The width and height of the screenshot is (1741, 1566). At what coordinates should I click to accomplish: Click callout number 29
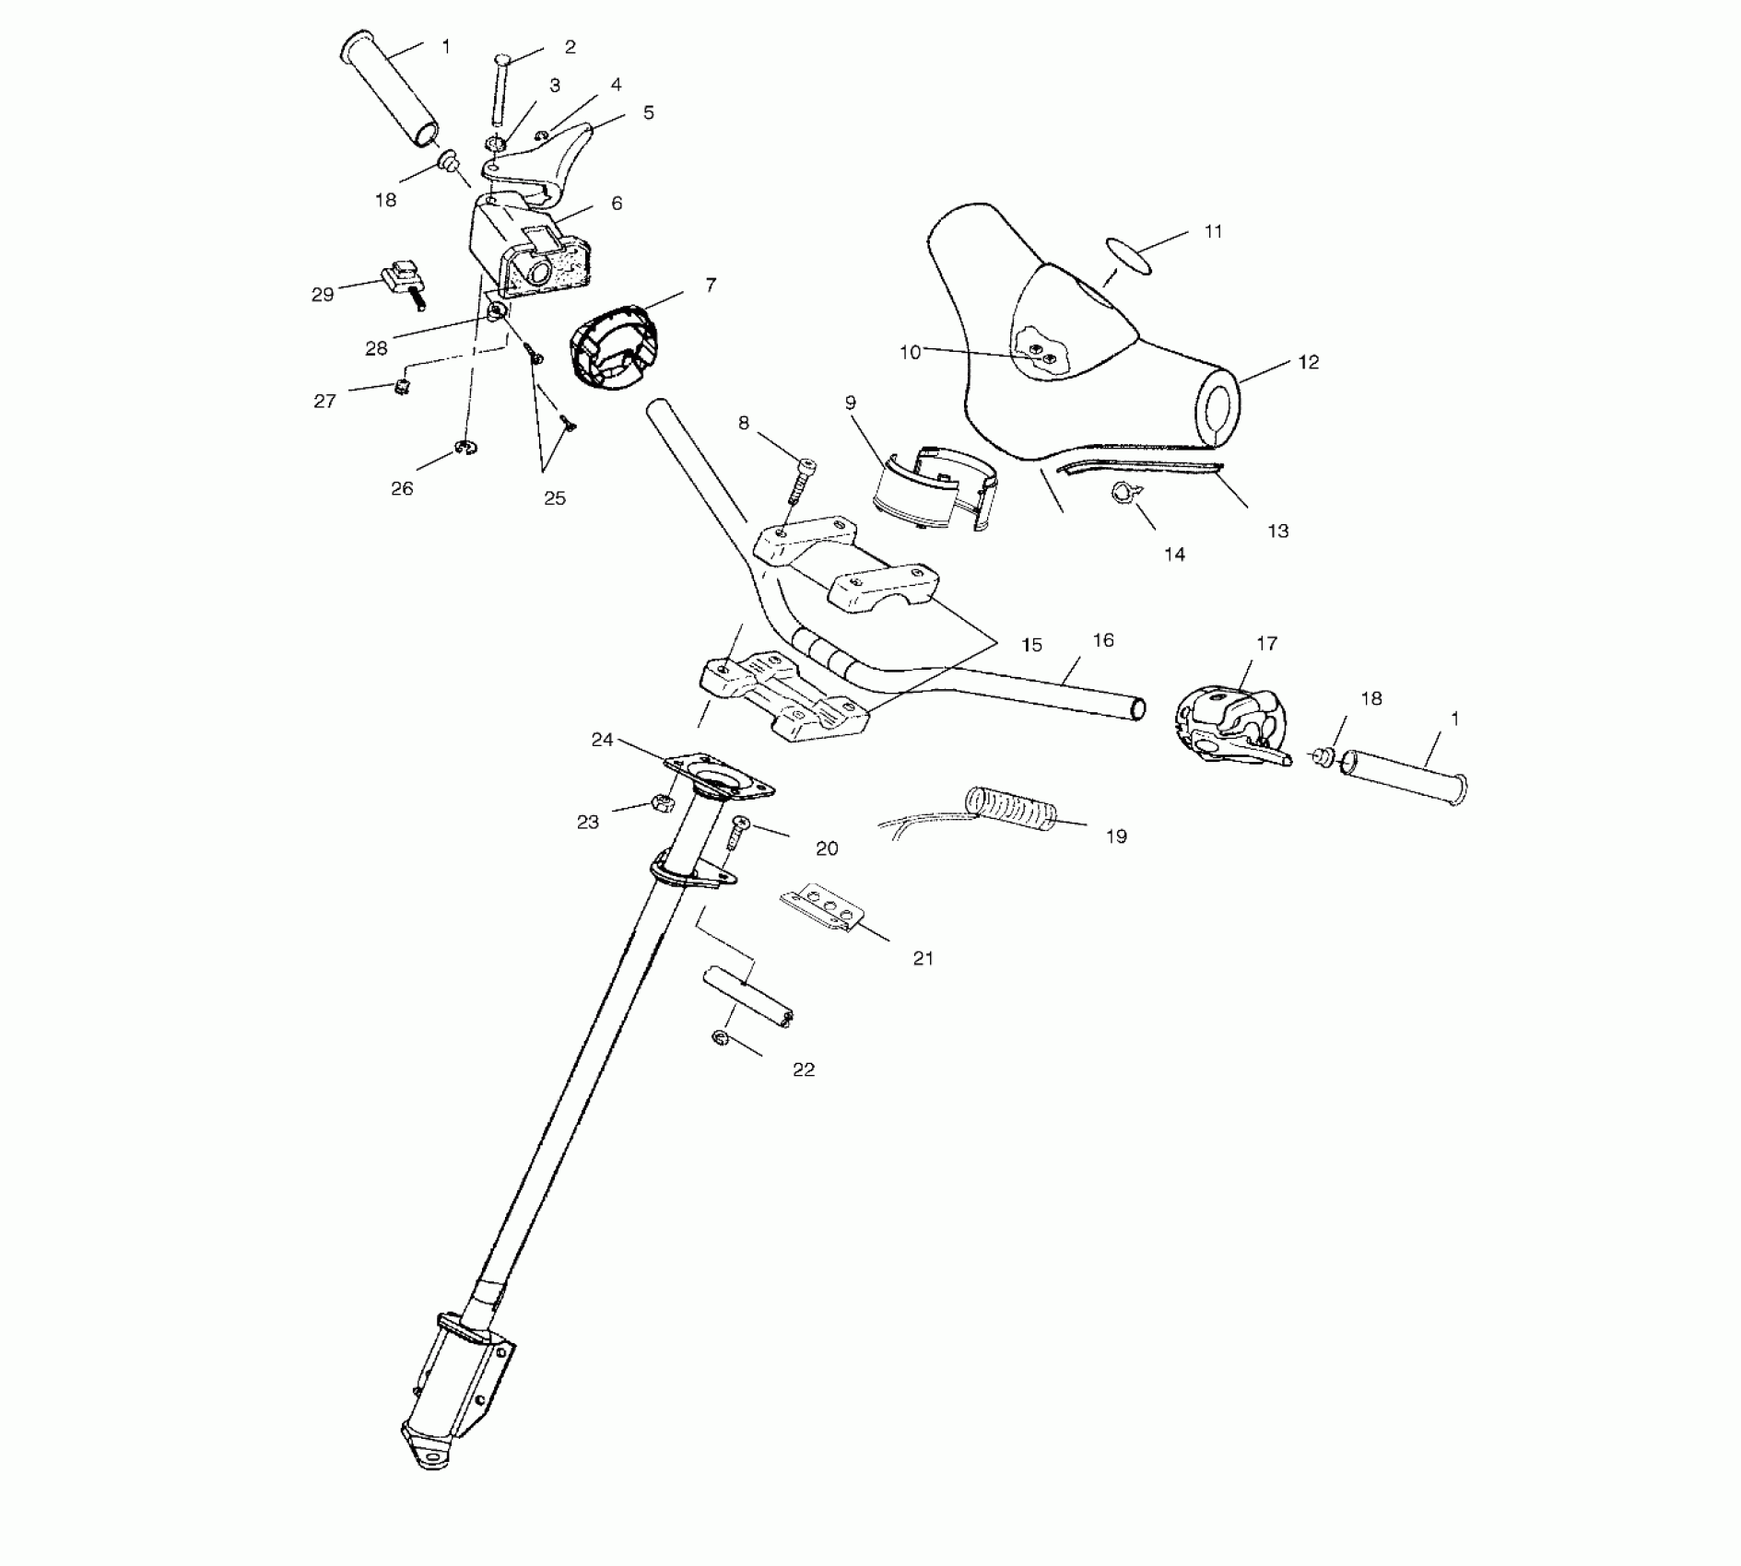point(323,296)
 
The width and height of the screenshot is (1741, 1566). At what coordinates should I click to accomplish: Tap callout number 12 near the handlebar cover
point(1309,362)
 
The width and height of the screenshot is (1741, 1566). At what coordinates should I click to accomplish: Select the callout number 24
point(602,740)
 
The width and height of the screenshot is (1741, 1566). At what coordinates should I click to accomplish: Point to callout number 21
point(923,959)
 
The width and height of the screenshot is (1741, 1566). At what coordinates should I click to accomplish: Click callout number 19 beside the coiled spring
point(1116,836)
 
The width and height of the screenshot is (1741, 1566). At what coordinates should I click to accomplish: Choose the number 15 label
point(1032,646)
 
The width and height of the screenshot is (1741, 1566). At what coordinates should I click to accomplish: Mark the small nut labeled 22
point(721,1039)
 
